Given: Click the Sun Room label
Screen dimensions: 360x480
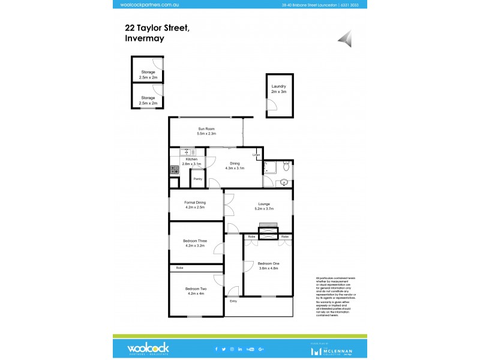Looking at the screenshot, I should pos(206,129).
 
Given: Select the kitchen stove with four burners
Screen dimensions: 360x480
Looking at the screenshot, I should pos(175,170).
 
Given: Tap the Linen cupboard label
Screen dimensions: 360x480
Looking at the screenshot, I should pos(256,155).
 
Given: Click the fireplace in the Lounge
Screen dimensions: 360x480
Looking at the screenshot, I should pos(268,228).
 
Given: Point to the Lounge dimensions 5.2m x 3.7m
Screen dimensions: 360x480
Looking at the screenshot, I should pos(264,209).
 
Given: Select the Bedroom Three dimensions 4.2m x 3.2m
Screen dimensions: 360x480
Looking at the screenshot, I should pos(195,245).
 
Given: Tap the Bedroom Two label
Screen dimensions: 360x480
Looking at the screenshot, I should pos(195,289).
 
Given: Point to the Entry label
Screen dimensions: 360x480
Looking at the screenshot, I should pos(233,301).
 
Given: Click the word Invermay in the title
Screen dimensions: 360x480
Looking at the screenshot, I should pos(145,38).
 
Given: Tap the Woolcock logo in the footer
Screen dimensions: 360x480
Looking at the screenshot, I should pos(148,347).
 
